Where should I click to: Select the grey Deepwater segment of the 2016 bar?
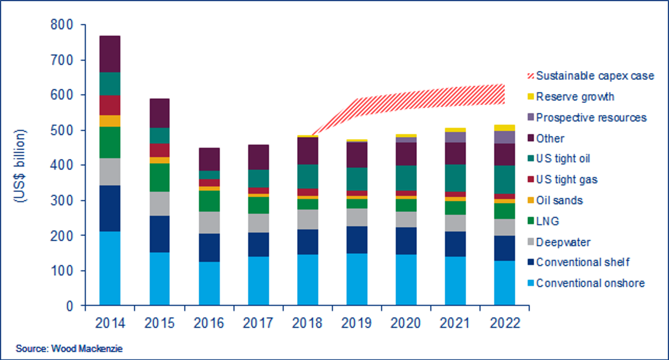click(209, 223)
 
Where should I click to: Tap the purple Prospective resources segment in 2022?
click(504, 137)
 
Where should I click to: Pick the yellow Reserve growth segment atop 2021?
click(455, 130)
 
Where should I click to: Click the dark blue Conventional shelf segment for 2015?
click(159, 234)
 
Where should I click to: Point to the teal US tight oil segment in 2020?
click(406, 178)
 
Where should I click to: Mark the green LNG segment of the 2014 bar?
click(110, 142)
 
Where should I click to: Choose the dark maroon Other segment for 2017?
click(258, 157)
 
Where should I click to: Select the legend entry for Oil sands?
click(559, 201)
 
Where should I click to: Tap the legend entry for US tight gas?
click(566, 179)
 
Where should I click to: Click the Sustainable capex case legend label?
click(595, 76)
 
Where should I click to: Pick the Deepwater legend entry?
click(563, 242)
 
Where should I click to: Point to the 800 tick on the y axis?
click(62, 25)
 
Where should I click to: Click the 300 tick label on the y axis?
click(62, 200)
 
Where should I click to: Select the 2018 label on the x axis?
click(307, 323)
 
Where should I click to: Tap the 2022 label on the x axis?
click(504, 323)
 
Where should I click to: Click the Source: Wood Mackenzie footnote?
click(69, 348)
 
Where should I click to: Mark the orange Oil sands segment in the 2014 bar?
click(110, 121)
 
